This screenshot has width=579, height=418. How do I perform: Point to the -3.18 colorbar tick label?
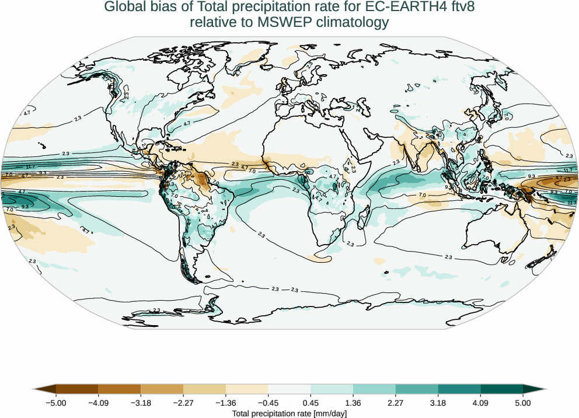coord(141,403)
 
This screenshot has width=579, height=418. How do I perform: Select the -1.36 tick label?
coord(226,403)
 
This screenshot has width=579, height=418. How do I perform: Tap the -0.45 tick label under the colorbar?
coord(268,403)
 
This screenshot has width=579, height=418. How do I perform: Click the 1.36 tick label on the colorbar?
coord(353,403)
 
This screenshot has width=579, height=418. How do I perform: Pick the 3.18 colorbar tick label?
coord(438,403)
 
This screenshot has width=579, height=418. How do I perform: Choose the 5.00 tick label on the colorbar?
coord(523,403)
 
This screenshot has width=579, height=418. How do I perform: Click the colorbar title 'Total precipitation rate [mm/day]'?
coord(289,413)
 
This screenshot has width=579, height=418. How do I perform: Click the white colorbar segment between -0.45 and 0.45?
coord(289,389)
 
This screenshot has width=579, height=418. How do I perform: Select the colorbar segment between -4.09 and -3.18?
coord(120,389)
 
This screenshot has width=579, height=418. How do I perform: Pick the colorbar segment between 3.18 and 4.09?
coord(459,389)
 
